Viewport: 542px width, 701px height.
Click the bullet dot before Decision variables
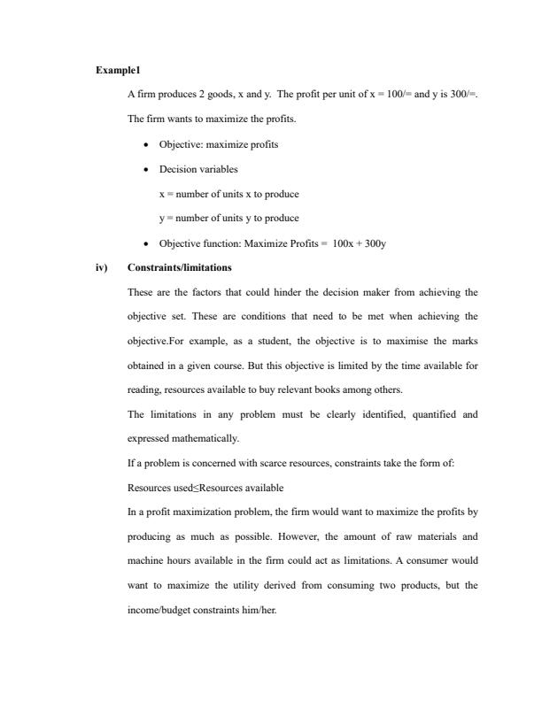[x=144, y=169]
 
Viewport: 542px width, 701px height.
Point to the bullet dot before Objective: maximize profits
[x=144, y=144]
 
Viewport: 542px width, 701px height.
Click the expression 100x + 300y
[x=360, y=243]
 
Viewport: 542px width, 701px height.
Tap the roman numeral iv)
[x=102, y=267]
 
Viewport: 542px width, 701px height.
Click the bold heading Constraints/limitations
[x=180, y=267]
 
